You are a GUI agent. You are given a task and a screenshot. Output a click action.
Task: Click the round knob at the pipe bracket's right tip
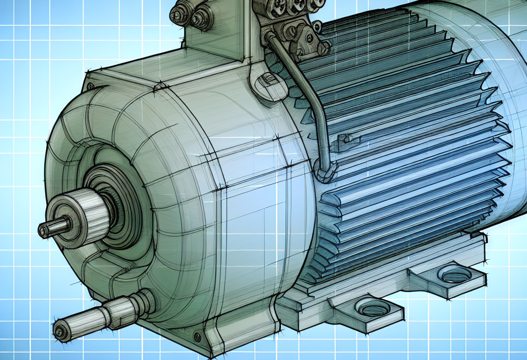(x=324, y=48)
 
